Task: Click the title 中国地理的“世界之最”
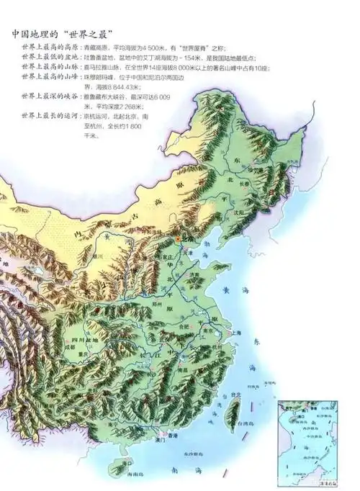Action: click(64, 34)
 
